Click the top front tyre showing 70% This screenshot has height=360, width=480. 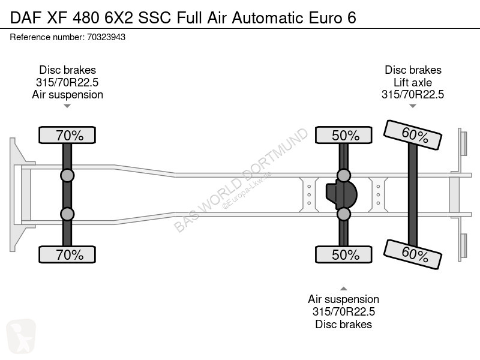pos(67,135)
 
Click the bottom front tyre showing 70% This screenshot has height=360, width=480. pos(67,254)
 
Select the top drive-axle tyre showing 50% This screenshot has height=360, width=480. pos(344,135)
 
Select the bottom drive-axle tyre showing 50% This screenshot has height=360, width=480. pos(344,254)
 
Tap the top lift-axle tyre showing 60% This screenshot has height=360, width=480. pos(413,135)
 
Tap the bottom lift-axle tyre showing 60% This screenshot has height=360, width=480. pos(413,254)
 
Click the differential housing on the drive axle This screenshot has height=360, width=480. pos(341,194)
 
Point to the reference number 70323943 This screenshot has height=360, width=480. pos(106,37)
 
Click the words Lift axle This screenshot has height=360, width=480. pos(413,82)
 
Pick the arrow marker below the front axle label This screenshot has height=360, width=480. pos(67,106)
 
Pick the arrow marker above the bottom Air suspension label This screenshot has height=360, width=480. pos(344,289)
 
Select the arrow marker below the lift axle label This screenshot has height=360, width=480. pos(413,106)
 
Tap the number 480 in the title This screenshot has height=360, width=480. pos(86,18)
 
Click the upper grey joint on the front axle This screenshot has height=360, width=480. pos(67,176)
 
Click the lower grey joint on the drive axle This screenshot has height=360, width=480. pos(344,214)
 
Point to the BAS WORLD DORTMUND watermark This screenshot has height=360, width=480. pos(241,179)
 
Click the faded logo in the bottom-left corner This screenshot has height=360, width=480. pos(21,335)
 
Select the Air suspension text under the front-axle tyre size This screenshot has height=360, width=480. pos(67,95)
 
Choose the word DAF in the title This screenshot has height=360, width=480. pos(26,18)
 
